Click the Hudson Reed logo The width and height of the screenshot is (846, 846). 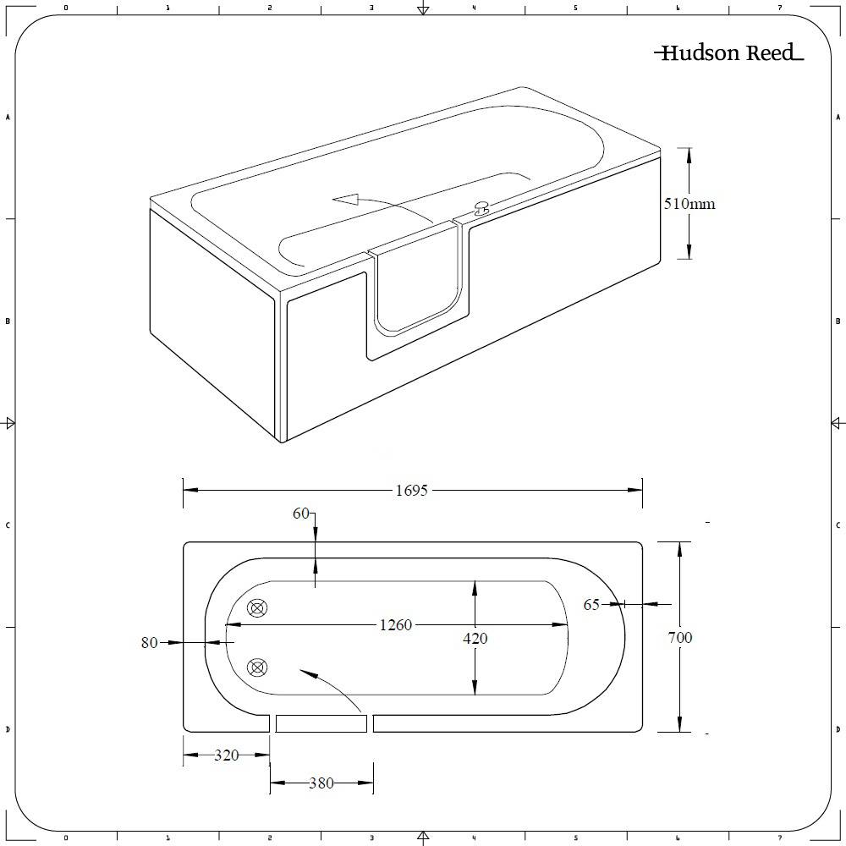(728, 53)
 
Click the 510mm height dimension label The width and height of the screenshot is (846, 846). (689, 204)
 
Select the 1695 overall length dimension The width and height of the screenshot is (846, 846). (412, 490)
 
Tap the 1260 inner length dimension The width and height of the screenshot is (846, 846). (395, 625)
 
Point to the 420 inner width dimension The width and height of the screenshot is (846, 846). (475, 639)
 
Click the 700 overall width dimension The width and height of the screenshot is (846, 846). (679, 637)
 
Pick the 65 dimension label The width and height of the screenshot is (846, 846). (591, 604)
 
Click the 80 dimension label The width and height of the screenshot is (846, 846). (149, 643)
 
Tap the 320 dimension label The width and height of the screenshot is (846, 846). (226, 755)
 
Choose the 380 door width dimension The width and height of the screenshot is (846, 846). (321, 783)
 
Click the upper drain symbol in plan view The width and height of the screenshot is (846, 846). (257, 608)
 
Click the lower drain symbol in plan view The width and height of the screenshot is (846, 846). (257, 668)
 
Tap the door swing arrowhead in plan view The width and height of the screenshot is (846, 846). (305, 673)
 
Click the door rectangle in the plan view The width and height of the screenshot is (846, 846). (321, 723)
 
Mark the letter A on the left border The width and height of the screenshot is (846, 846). (8, 118)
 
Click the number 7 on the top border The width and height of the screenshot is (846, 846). (780, 8)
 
